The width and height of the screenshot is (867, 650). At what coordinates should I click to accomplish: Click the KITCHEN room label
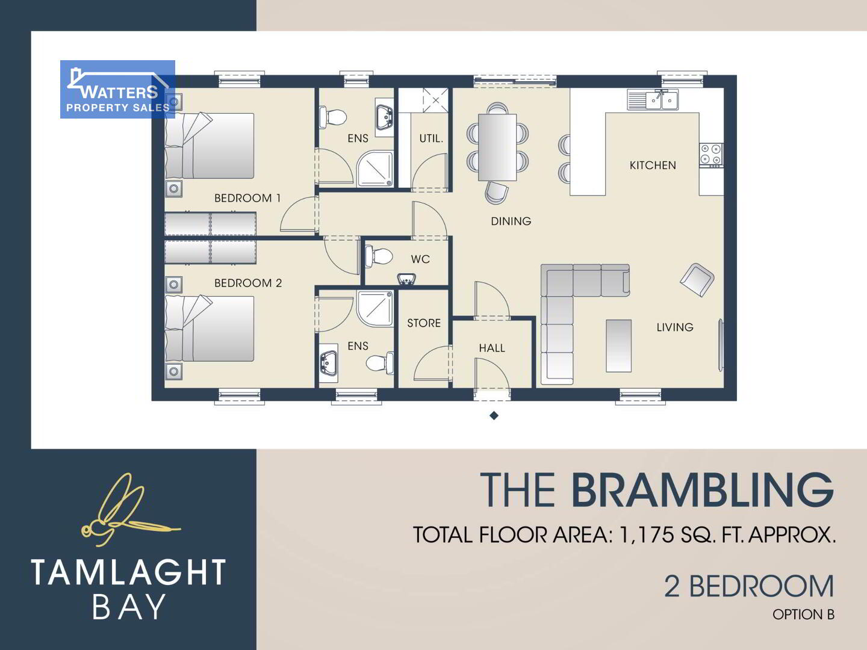click(653, 165)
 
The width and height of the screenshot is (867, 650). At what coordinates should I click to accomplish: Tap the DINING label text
click(511, 221)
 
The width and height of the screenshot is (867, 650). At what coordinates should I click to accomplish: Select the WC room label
click(420, 259)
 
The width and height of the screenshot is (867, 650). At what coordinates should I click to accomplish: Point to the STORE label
click(424, 323)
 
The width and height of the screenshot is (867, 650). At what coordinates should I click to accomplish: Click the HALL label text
click(492, 348)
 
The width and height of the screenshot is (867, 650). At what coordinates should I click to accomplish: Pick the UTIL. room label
click(431, 138)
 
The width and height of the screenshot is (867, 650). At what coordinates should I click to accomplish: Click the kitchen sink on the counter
click(653, 99)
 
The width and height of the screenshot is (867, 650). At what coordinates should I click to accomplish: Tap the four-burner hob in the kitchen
click(711, 155)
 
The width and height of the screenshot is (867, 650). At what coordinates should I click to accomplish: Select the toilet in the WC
click(378, 256)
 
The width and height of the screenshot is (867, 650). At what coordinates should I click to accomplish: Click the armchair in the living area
click(697, 280)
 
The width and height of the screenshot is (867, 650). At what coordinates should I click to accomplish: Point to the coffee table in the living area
click(618, 345)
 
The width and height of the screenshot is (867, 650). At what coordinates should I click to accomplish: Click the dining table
click(497, 147)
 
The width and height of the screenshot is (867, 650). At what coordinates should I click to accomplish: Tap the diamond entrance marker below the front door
click(494, 415)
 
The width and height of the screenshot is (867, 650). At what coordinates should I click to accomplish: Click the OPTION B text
click(803, 614)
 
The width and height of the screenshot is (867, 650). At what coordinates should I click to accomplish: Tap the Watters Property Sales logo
click(117, 89)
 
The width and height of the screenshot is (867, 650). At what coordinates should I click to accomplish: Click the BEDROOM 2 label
click(248, 283)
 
